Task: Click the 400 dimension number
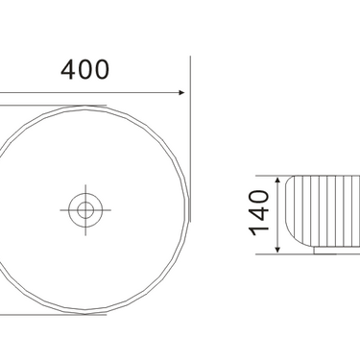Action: pos(84,69)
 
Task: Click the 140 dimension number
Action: pos(259,213)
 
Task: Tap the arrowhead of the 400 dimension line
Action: pos(181,92)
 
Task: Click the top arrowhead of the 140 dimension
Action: pos(277,180)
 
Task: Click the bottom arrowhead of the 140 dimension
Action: pos(277,251)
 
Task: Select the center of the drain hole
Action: pos(85,210)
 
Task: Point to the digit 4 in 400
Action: pos(68,70)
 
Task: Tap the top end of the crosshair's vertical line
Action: pos(85,184)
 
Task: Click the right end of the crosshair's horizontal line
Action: pos(110,210)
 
